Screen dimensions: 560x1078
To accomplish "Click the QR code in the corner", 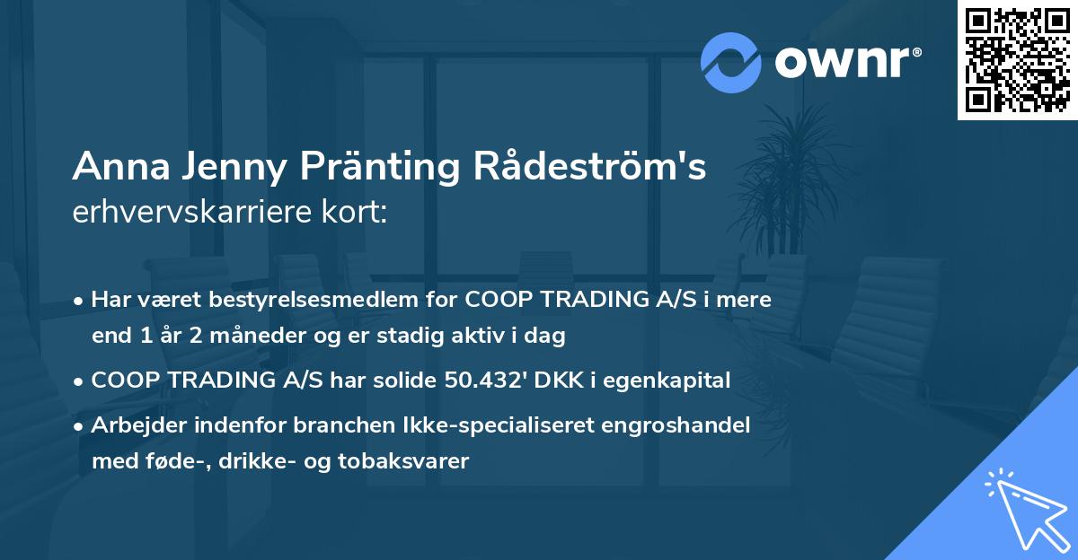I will (x=1017, y=60).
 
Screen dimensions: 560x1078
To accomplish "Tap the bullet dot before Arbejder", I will (x=80, y=426).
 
